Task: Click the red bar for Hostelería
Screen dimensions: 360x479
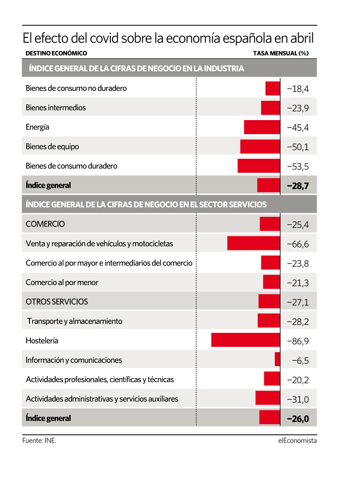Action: point(245,340)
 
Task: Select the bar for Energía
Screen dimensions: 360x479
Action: point(262,127)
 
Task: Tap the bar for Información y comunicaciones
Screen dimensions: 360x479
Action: point(277,359)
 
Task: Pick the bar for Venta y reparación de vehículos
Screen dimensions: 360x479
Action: point(253,243)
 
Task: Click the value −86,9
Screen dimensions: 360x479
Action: point(298,341)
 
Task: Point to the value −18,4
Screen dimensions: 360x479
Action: point(298,89)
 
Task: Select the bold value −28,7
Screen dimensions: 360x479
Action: point(298,186)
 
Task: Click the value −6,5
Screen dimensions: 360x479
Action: point(300,360)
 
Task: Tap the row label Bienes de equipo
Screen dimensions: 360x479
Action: point(52,147)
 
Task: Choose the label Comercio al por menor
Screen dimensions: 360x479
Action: point(62,282)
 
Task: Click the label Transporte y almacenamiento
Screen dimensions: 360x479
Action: point(74,321)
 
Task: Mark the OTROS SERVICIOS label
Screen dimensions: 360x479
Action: point(57,301)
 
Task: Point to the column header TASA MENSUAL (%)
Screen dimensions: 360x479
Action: point(281,53)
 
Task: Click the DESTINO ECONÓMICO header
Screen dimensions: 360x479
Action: point(56,53)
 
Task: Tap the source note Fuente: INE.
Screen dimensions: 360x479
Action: point(39,441)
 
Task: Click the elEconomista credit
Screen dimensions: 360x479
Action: point(297,441)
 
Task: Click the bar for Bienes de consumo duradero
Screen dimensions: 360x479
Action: point(259,166)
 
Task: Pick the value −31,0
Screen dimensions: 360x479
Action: point(298,399)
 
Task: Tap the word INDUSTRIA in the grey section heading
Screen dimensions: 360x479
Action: point(223,68)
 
